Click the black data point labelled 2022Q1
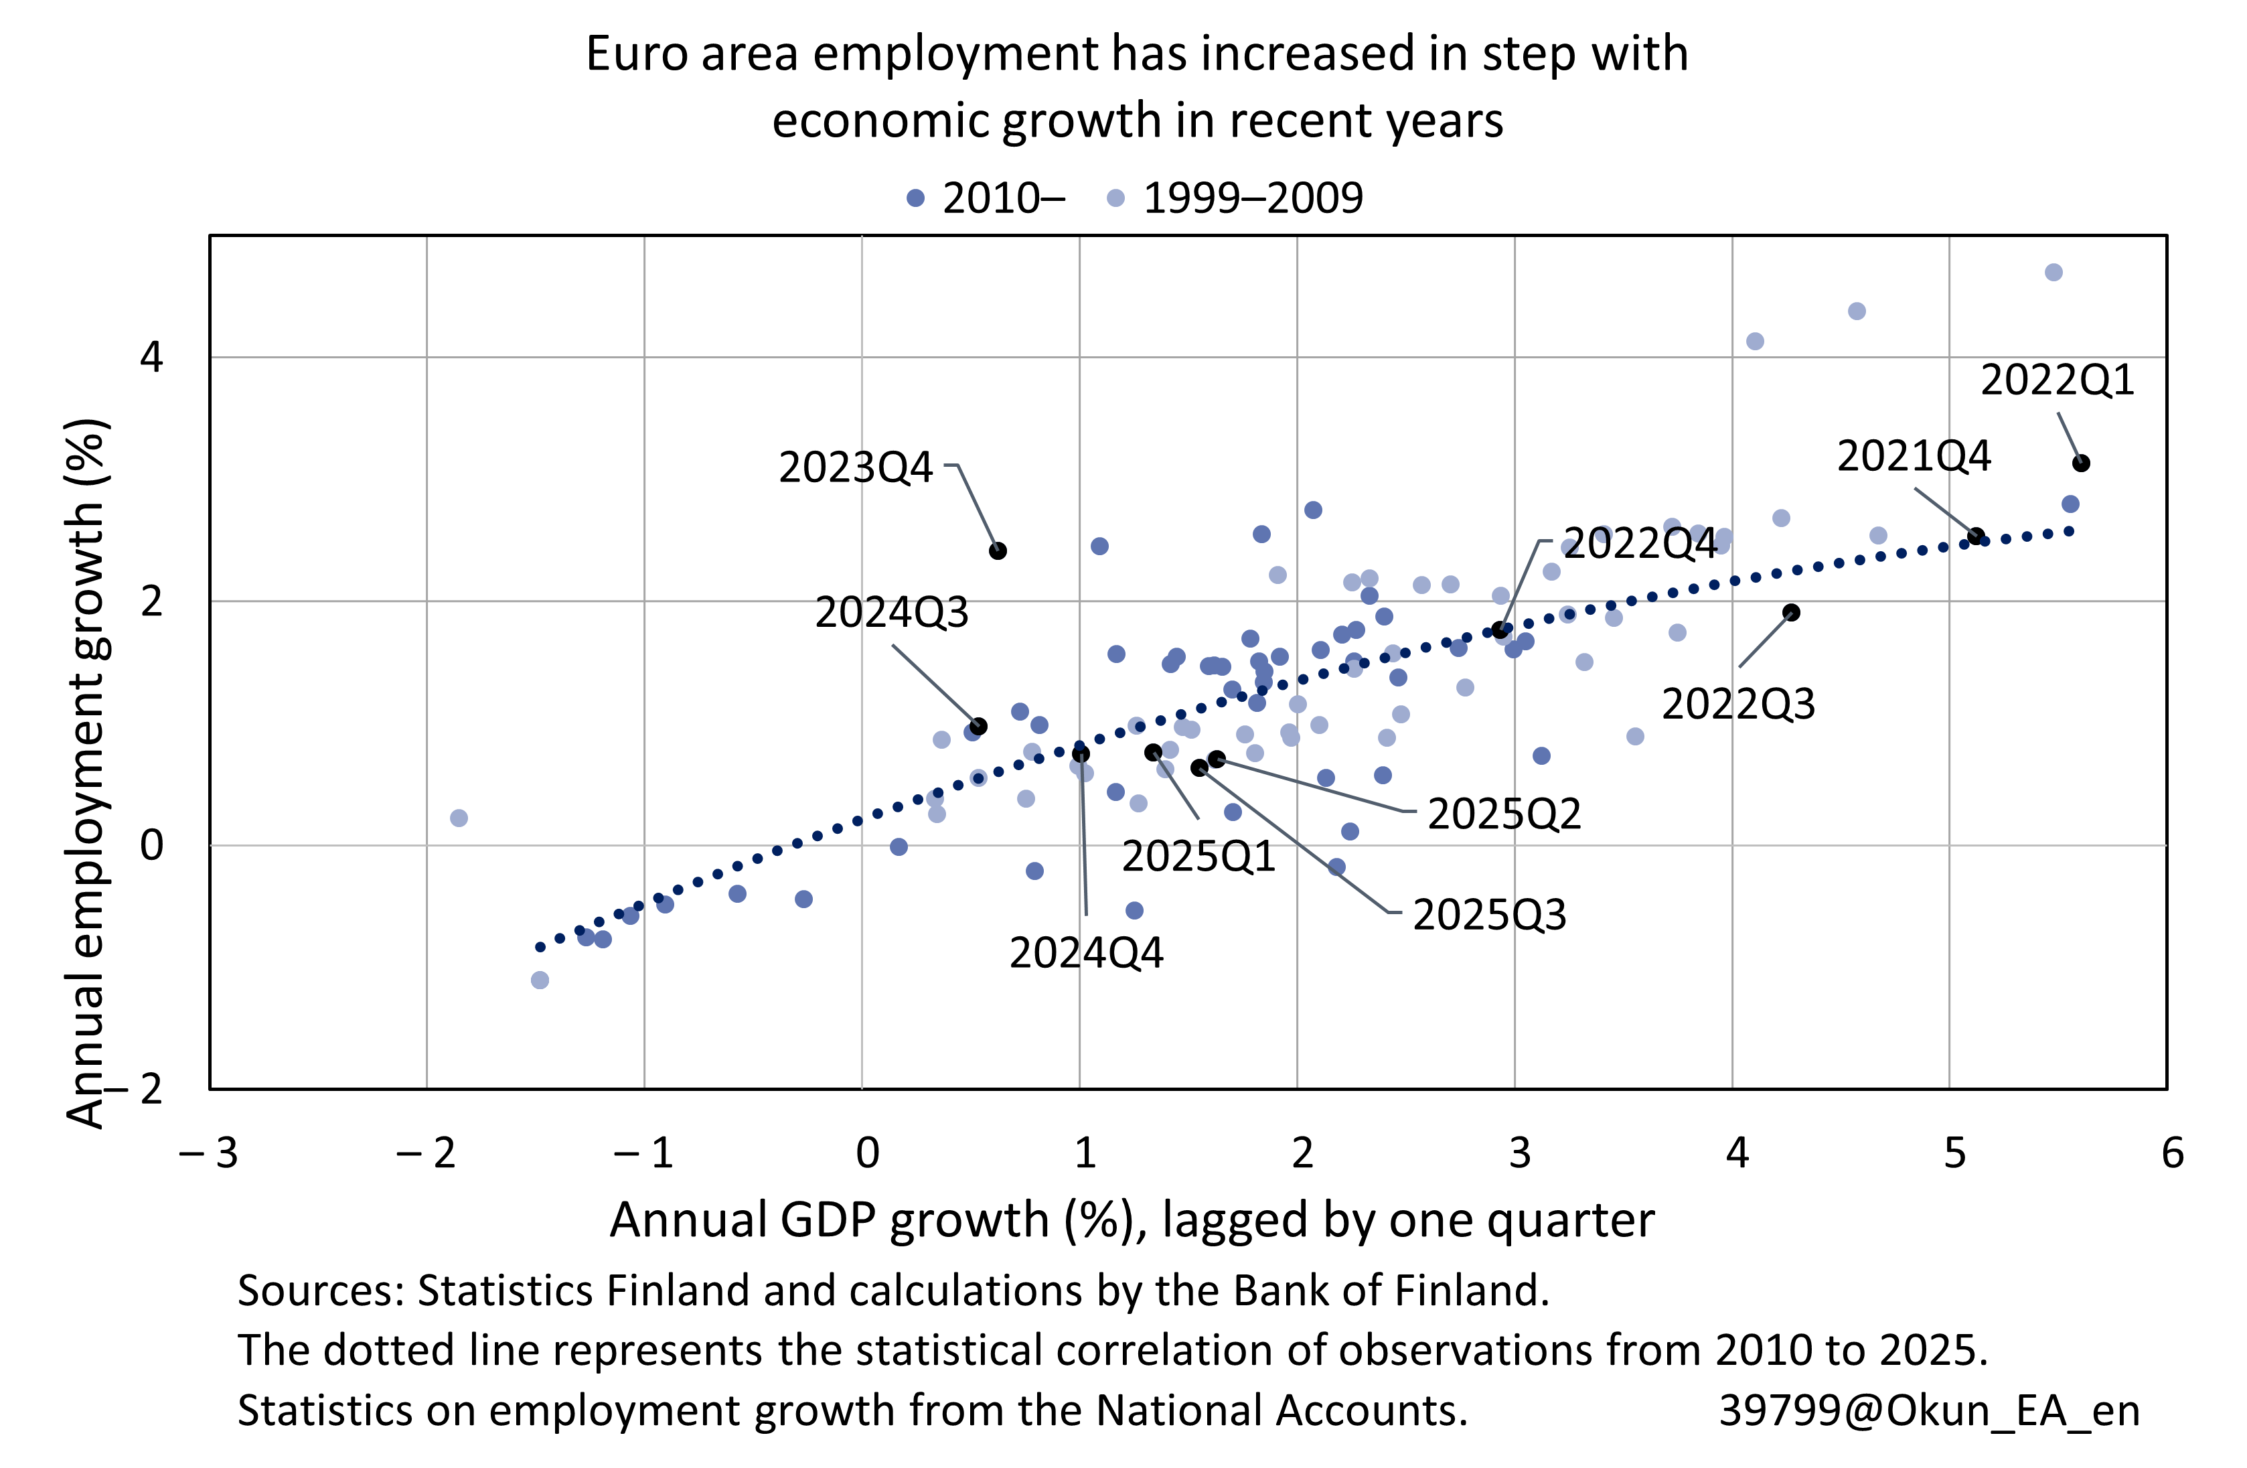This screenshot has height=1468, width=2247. point(2081,463)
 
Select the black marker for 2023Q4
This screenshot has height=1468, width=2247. point(998,550)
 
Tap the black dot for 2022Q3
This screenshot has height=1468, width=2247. point(1791,613)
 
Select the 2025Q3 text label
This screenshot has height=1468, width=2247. point(1489,915)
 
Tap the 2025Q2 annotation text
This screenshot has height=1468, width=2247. point(1503,814)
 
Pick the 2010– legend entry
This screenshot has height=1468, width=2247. point(987,198)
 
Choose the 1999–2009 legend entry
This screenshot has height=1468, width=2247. point(1237,198)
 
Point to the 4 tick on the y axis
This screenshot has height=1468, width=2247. point(151,357)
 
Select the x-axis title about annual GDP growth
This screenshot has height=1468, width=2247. point(1131,1220)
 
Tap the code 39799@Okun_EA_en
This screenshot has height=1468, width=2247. point(1929,1410)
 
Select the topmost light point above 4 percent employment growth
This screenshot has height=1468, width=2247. point(2054,272)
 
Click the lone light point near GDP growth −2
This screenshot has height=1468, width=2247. point(459,818)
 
